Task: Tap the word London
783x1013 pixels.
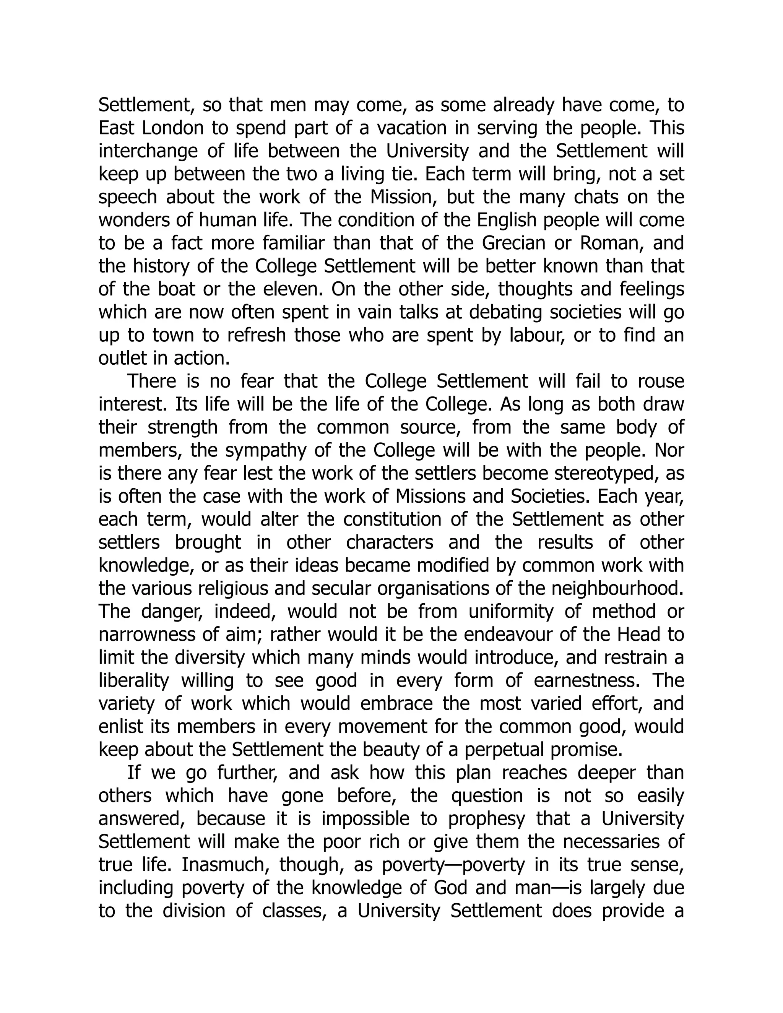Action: pos(167,128)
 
